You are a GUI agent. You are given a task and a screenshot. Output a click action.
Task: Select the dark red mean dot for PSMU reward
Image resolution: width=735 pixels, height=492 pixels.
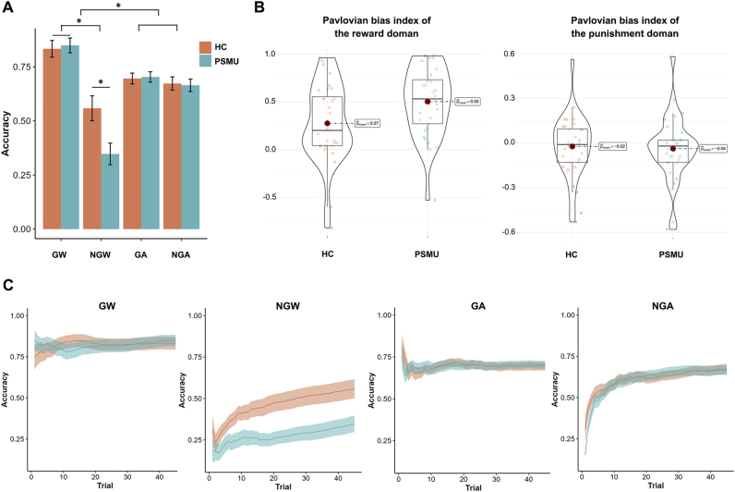pyautogui.click(x=428, y=102)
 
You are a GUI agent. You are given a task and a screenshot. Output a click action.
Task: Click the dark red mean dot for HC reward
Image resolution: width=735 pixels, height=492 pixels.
pyautogui.click(x=327, y=124)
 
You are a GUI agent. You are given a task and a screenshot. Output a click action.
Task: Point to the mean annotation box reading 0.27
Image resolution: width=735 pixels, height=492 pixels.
pyautogui.click(x=370, y=124)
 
